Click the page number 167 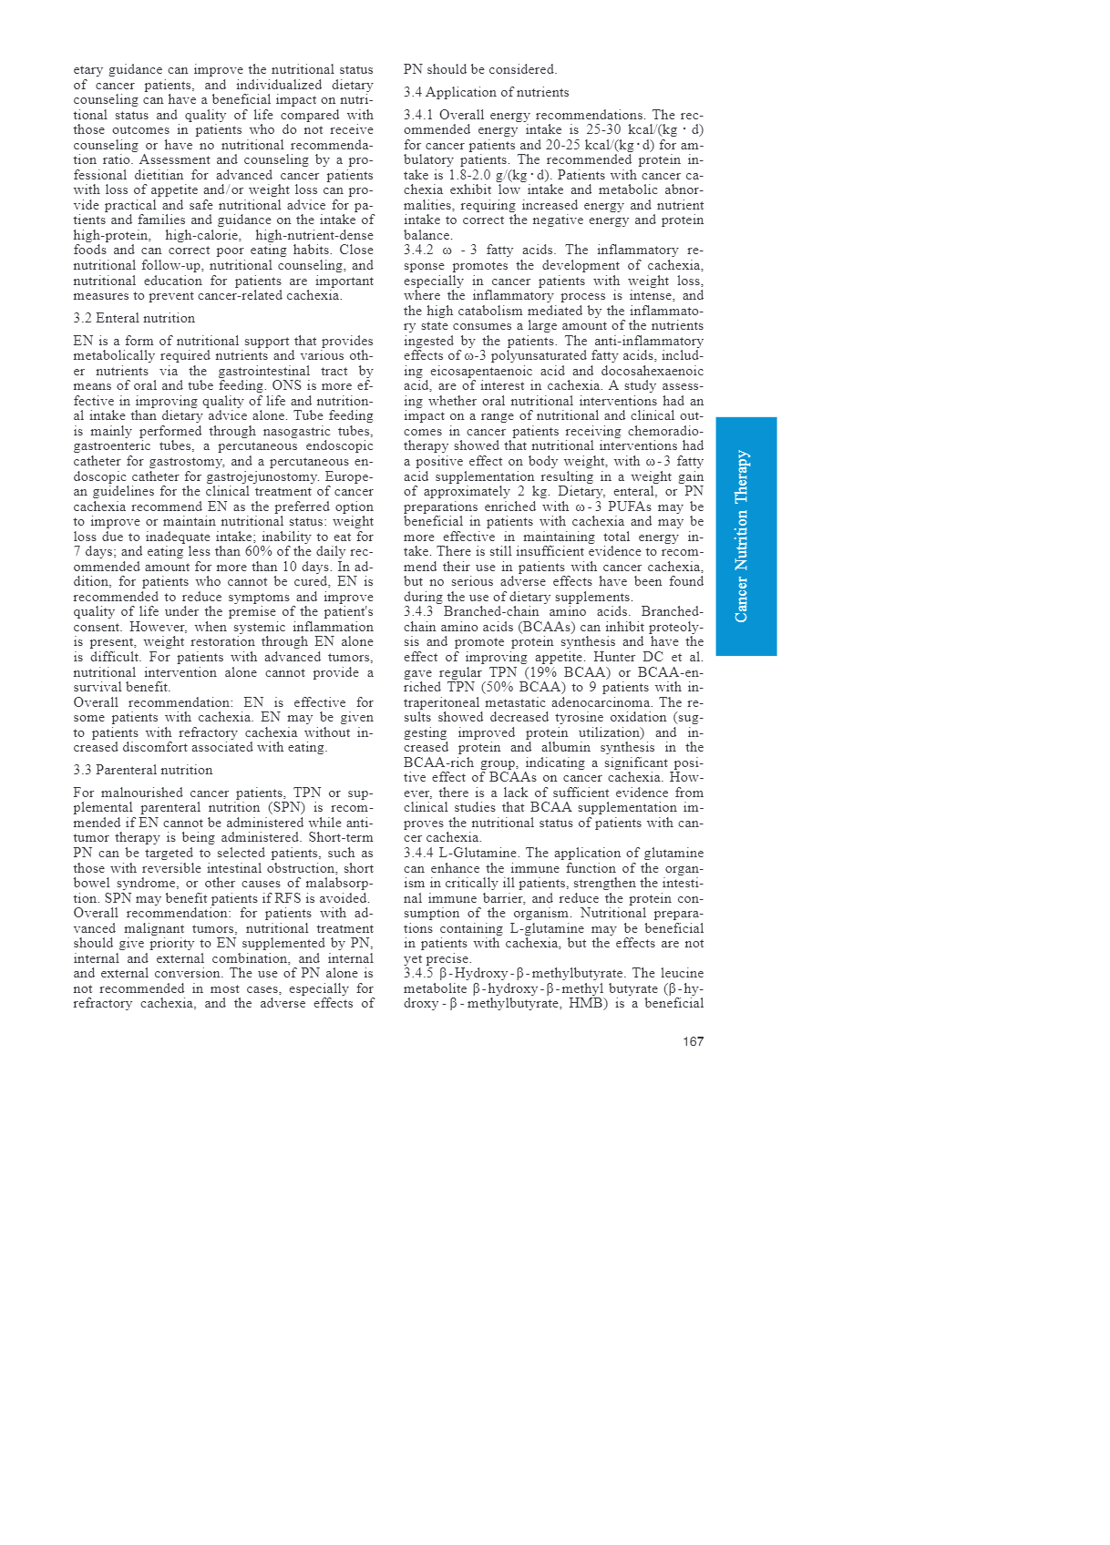click(x=693, y=1041)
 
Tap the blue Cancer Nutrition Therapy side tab click(x=745, y=536)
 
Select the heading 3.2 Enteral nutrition click(x=134, y=318)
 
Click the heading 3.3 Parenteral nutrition click(x=143, y=770)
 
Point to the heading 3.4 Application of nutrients click(x=486, y=92)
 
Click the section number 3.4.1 click(x=418, y=115)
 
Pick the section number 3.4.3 click(x=418, y=612)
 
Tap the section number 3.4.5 click(x=418, y=973)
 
